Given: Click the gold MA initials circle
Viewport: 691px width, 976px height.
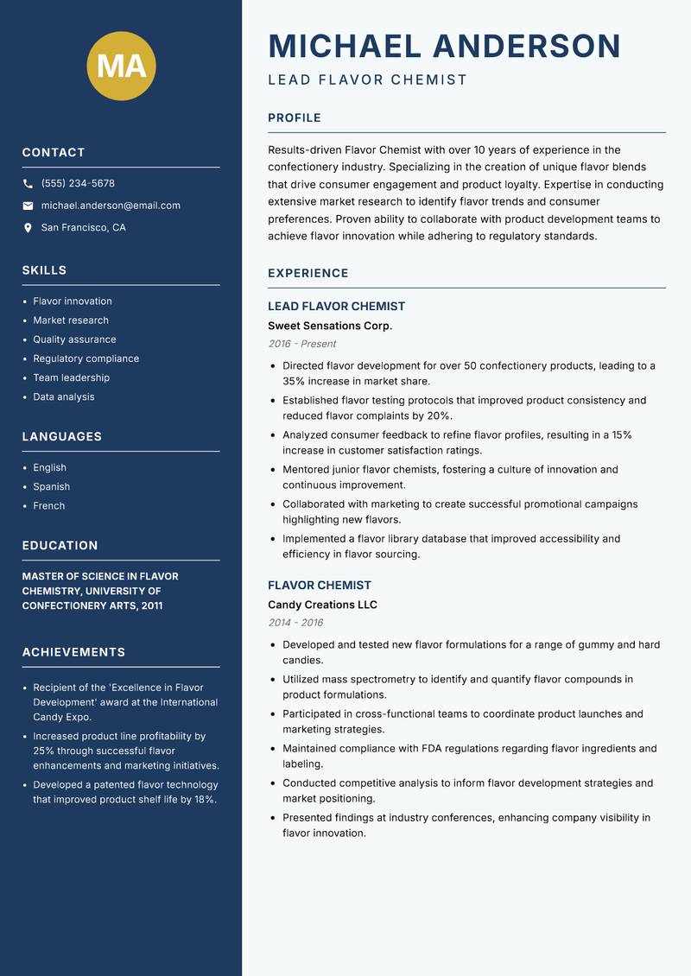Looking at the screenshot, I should (122, 66).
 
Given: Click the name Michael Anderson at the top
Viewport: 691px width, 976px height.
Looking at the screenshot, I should (444, 46).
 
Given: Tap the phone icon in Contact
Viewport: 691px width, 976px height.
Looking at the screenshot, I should (28, 184).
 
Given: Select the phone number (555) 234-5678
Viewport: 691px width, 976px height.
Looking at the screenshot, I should (78, 184).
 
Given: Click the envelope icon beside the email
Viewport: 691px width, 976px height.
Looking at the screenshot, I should (28, 206).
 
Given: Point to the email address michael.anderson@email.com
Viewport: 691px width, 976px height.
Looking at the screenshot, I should (111, 206).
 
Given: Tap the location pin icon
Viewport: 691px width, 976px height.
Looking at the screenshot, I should (28, 228).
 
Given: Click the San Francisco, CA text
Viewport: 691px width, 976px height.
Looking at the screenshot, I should (83, 228).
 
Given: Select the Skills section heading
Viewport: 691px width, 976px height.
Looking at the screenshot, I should (44, 270).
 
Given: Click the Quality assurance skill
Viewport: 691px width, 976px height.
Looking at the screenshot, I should (74, 339).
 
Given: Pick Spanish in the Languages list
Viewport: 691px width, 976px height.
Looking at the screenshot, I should (51, 486).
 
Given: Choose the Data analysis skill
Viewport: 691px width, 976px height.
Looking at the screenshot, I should (64, 396).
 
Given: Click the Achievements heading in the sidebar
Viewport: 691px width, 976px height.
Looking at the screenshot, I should (73, 652).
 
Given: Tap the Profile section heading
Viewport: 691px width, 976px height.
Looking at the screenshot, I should (294, 118).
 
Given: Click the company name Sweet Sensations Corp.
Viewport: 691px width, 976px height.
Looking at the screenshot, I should (330, 326).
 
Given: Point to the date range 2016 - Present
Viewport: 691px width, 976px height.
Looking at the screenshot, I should (301, 344).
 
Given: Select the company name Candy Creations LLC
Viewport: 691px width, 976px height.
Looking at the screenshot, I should (322, 605).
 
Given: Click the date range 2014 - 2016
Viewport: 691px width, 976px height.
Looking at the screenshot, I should (295, 623).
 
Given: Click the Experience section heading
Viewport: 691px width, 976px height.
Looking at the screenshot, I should (307, 273).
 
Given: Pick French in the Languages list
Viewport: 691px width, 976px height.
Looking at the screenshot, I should (48, 505).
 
